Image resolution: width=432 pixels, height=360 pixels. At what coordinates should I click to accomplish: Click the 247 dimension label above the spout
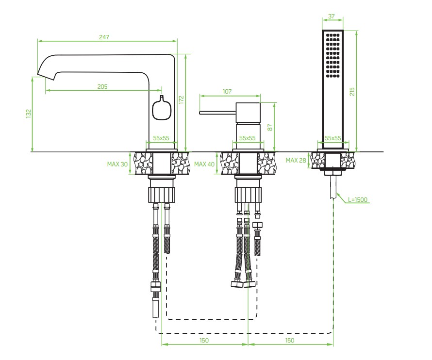104,37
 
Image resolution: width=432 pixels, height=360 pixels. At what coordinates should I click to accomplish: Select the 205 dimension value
102,87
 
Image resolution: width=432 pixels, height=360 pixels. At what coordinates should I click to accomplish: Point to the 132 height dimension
29,114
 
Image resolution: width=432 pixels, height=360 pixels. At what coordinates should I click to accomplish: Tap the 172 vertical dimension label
181,99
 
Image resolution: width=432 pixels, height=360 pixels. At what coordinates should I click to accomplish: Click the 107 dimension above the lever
227,91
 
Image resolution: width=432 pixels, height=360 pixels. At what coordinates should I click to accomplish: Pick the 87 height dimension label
270,128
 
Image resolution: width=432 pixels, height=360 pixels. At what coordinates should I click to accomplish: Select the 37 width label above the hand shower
332,16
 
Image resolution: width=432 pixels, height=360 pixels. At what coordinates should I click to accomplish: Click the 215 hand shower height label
352,92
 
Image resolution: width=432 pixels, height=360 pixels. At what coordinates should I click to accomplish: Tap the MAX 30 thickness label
117,164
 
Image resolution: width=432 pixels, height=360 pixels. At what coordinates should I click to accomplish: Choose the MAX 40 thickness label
204,164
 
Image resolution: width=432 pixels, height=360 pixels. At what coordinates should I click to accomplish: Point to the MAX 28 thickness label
296,160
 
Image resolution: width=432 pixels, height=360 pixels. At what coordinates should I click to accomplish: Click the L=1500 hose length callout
358,200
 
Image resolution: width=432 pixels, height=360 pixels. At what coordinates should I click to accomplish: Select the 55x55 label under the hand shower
333,138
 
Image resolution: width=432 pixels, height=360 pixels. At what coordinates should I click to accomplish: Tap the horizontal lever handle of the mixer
217,113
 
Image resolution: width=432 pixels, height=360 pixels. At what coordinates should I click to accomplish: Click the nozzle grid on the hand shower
332,55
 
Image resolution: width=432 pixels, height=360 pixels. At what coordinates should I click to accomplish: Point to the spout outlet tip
45,76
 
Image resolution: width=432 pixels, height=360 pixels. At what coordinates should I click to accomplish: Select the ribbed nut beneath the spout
162,195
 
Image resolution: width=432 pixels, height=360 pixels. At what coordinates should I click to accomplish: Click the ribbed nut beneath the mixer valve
248,195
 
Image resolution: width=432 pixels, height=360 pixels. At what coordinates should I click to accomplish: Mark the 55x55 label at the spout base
161,138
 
